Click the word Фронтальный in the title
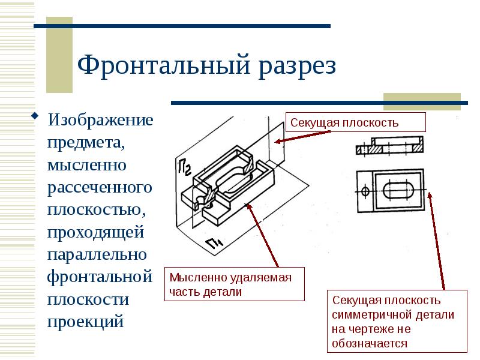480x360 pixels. [x=164, y=65]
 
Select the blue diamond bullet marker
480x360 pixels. [x=35, y=116]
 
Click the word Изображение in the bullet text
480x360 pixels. [x=100, y=120]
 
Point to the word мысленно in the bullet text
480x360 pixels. [x=87, y=166]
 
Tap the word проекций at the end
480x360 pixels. [x=85, y=322]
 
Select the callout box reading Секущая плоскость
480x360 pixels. [x=355, y=122]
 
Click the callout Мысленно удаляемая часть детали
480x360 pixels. [x=235, y=284]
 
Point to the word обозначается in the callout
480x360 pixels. [x=370, y=343]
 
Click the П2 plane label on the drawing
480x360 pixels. [x=185, y=168]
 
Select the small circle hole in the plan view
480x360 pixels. [x=365, y=191]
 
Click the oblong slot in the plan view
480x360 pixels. [x=398, y=190]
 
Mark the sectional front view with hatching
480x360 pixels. [x=389, y=145]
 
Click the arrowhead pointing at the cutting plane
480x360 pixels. [x=278, y=141]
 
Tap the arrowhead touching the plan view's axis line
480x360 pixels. [x=430, y=196]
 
